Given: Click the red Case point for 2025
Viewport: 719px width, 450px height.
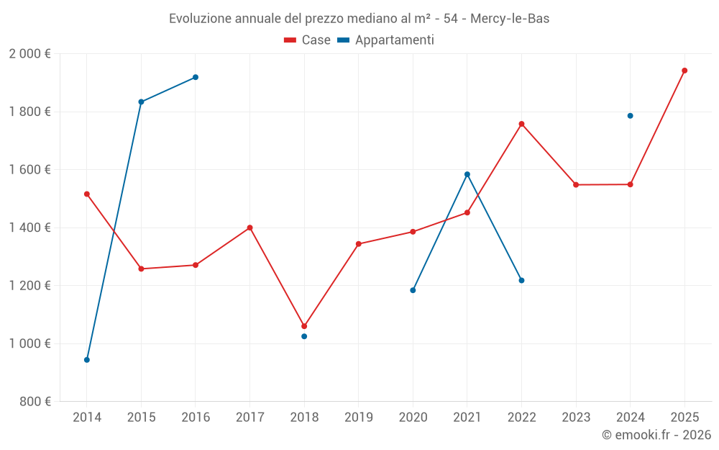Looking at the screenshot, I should click(684, 71).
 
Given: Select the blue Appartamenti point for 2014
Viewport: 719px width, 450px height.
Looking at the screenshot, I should click(87, 360).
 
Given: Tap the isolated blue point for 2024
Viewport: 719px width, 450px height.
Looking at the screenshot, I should click(631, 116).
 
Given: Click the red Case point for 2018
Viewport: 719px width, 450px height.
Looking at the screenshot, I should click(304, 326).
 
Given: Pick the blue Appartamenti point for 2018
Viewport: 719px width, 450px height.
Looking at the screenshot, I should click(304, 336).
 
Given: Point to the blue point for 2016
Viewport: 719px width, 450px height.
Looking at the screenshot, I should click(196, 77).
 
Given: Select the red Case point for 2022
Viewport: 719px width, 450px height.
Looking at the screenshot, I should click(521, 124).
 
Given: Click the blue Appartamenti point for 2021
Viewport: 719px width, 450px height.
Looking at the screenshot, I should click(467, 174).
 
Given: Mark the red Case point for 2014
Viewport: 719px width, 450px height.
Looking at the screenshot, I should click(87, 194).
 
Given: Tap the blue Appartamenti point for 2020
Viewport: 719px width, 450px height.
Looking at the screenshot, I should click(413, 290).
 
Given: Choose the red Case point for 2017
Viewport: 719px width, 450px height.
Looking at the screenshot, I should click(249, 228).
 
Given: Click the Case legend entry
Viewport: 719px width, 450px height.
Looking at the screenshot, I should click(308, 40).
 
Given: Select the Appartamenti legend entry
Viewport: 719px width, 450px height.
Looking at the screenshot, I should click(386, 40).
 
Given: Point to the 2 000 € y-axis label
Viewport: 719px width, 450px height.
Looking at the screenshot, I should click(29, 54).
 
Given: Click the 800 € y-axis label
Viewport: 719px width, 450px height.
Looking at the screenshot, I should click(35, 402).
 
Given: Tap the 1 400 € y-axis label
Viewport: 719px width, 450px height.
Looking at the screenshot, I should click(29, 228).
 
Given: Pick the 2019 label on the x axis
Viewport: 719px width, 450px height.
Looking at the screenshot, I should click(359, 418).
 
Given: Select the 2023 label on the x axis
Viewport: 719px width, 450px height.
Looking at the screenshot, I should click(576, 418).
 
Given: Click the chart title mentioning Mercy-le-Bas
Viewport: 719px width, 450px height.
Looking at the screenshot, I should click(359, 19).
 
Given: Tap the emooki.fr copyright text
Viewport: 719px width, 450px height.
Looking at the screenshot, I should click(656, 435).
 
